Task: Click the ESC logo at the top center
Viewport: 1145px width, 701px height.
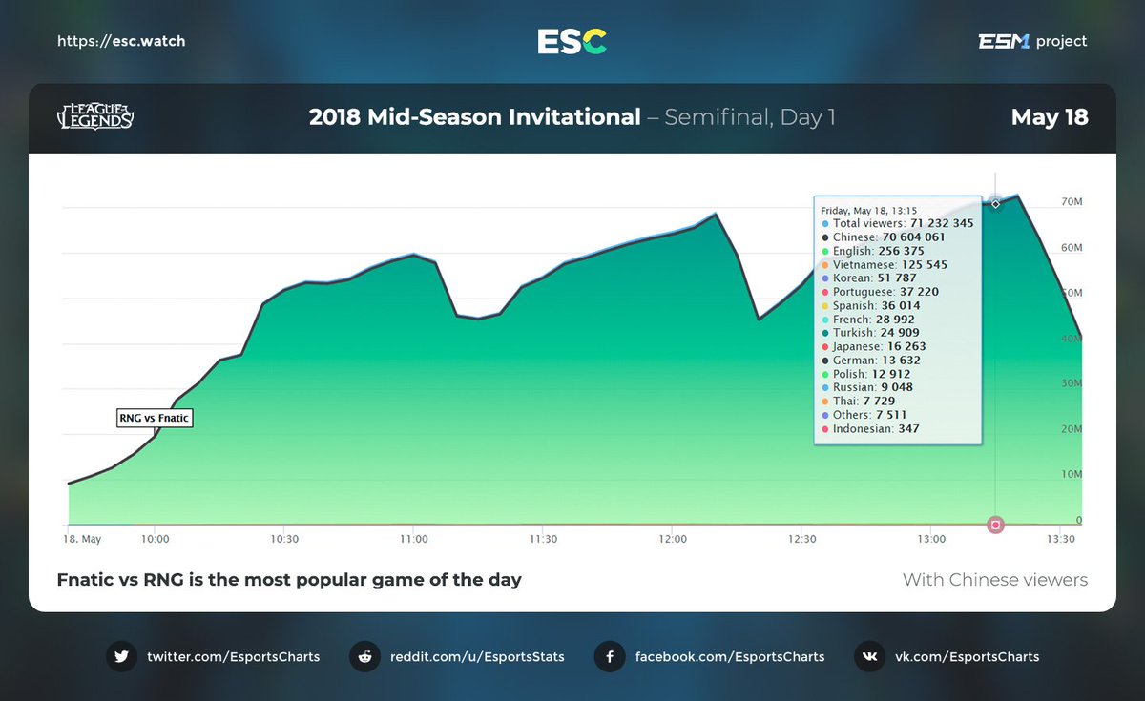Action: click(x=572, y=41)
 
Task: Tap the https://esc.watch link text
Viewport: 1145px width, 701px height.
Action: click(x=121, y=41)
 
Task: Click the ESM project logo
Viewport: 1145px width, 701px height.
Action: click(x=1032, y=41)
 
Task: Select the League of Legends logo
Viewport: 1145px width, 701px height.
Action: click(x=95, y=117)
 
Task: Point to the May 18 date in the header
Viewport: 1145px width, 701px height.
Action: click(x=1050, y=117)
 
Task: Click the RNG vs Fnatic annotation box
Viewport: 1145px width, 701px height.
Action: click(x=155, y=418)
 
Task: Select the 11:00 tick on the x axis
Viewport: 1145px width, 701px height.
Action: click(x=413, y=539)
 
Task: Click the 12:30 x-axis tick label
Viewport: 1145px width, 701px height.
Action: click(x=801, y=539)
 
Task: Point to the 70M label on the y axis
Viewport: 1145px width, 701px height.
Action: click(x=1072, y=202)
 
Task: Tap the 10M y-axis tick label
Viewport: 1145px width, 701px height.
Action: click(x=1072, y=474)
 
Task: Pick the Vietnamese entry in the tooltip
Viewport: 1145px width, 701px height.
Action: click(x=889, y=264)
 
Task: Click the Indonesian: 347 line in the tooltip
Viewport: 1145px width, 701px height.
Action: click(x=875, y=429)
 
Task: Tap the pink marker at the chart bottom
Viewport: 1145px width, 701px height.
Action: click(x=996, y=525)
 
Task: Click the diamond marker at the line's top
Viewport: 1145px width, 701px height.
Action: click(x=995, y=203)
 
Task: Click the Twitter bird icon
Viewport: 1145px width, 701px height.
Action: click(x=121, y=656)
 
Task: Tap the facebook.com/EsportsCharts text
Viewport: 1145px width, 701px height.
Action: click(x=729, y=656)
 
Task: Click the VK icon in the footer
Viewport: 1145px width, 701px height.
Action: click(x=869, y=656)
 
